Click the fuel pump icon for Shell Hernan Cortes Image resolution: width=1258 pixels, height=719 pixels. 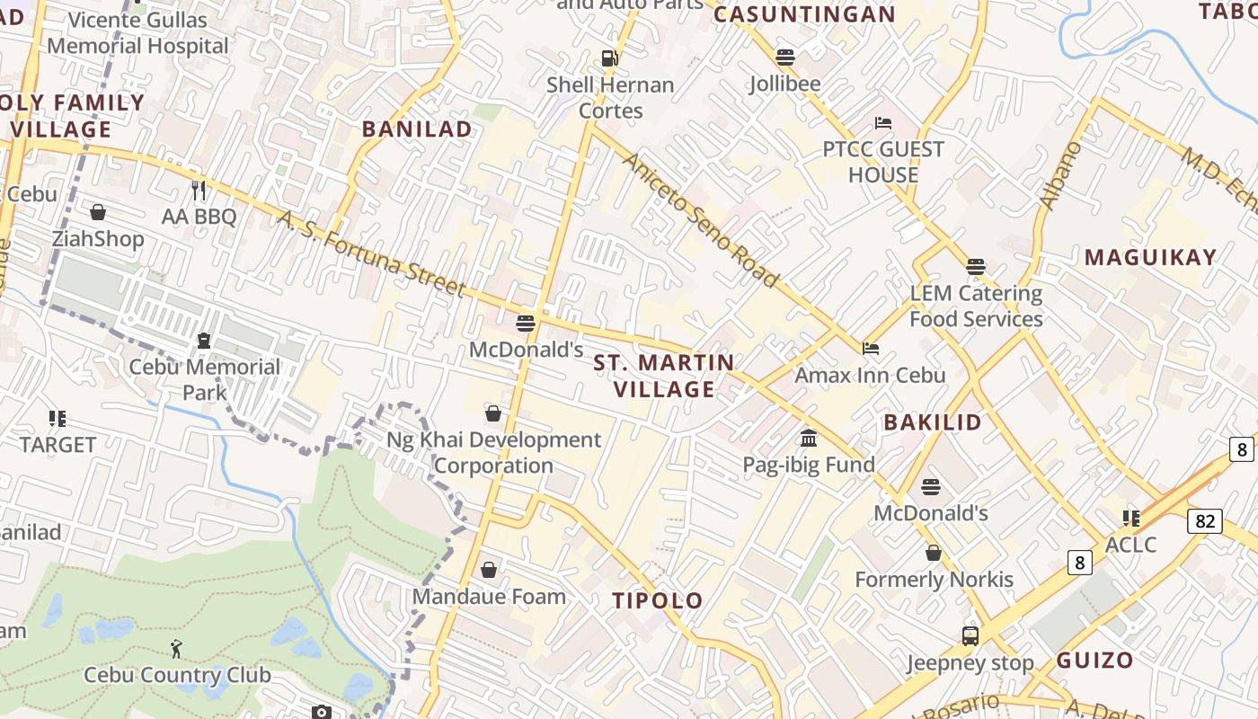click(x=610, y=58)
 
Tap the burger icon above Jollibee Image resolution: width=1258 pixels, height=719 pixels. click(x=785, y=58)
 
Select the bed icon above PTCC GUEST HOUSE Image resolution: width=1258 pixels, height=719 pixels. click(x=883, y=123)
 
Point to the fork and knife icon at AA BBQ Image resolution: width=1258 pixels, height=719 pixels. click(x=199, y=191)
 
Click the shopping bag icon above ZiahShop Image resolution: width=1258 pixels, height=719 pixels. click(x=98, y=212)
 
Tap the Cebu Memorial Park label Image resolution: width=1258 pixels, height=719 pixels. click(x=205, y=379)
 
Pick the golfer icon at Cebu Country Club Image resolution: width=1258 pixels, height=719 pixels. click(x=177, y=648)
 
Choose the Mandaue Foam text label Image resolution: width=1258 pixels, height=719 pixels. click(x=489, y=596)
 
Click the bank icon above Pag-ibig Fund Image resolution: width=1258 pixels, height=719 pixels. click(x=809, y=439)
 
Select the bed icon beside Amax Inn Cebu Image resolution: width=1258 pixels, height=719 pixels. click(x=870, y=349)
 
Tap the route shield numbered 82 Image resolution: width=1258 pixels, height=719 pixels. click(x=1204, y=520)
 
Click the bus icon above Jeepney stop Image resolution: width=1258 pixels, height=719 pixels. click(x=970, y=636)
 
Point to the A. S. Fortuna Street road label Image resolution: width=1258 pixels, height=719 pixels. click(x=371, y=253)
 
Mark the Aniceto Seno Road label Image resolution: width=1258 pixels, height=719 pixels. click(x=700, y=220)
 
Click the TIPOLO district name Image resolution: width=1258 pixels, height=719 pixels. click(x=657, y=600)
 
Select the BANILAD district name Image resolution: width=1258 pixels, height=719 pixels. click(x=417, y=129)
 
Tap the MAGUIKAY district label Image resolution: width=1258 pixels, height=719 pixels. click(x=1150, y=257)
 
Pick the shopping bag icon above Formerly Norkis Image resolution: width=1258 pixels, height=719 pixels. click(x=934, y=553)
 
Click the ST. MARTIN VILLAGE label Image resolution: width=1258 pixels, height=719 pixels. click(x=664, y=376)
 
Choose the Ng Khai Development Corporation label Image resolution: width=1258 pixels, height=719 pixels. click(x=493, y=452)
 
